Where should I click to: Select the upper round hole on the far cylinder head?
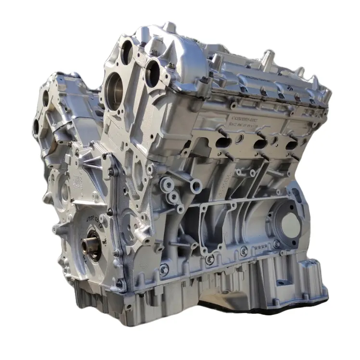[46, 98]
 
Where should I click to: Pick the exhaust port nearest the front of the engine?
[223, 142]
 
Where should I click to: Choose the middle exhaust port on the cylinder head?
[260, 144]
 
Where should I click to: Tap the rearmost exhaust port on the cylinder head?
[291, 145]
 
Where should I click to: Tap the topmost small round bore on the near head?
[127, 51]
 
